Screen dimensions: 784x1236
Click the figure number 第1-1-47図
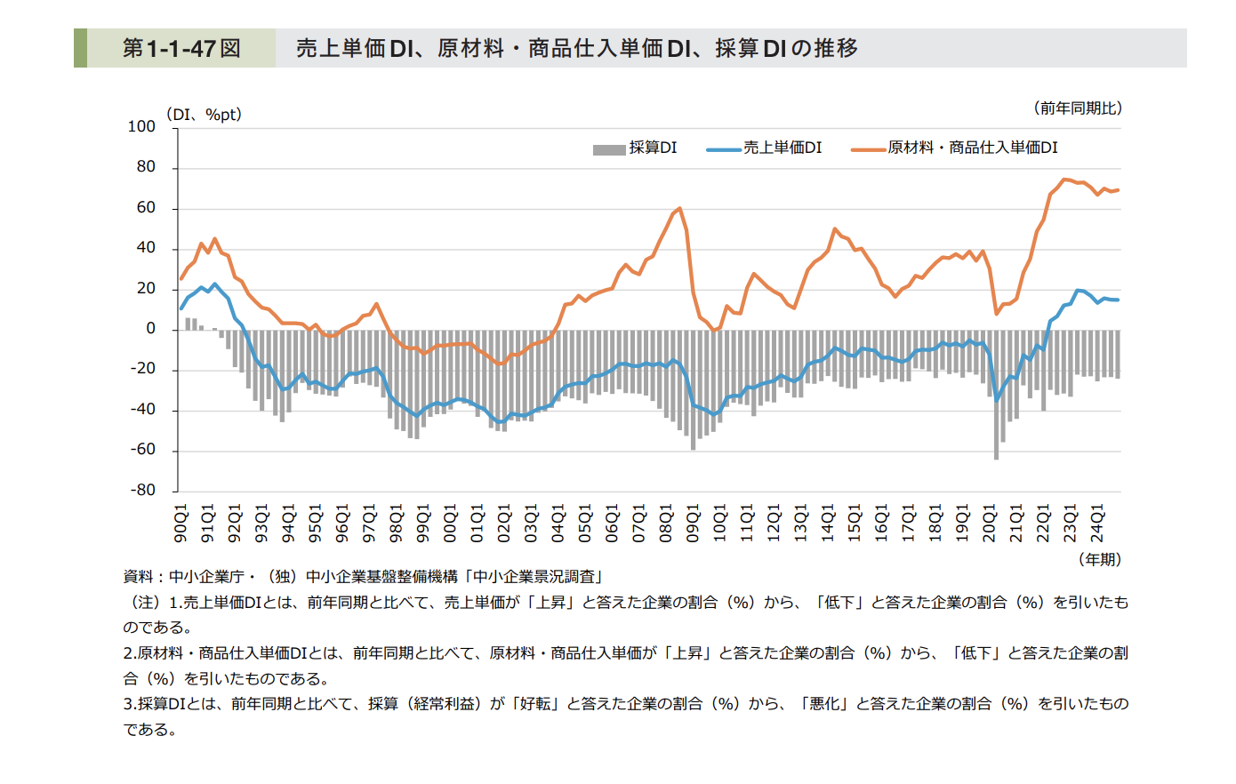click(181, 48)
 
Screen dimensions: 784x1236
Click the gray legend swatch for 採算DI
click(609, 149)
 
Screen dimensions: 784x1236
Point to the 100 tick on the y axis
click(141, 126)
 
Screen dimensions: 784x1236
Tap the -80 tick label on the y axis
click(142, 490)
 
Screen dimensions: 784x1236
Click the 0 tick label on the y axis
click(150, 329)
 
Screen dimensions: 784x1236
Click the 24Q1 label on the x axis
click(1097, 524)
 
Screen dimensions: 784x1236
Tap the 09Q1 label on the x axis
click(693, 524)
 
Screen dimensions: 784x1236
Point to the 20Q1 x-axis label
click(989, 524)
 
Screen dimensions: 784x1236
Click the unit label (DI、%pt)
click(204, 115)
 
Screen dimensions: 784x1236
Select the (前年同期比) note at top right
click(1077, 108)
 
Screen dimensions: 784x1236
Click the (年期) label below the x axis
click(1099, 559)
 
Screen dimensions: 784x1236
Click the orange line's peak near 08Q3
click(679, 209)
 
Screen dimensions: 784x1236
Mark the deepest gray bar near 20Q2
click(996, 457)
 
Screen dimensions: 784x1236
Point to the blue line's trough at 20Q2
click(996, 399)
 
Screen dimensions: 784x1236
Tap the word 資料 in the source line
click(138, 577)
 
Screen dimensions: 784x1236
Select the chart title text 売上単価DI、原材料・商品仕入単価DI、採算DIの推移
click(576, 48)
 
